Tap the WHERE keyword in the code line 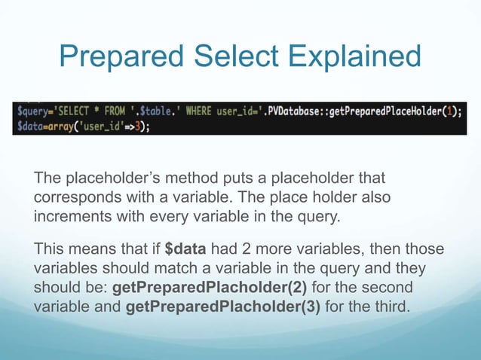tap(195, 111)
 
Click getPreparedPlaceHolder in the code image tap(394, 111)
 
